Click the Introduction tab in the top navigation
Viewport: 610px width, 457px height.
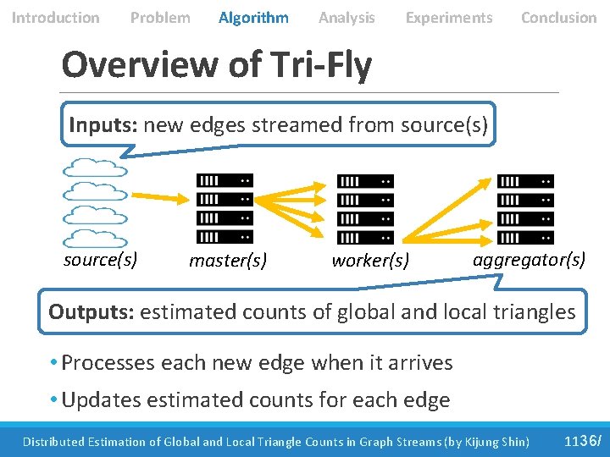coord(55,18)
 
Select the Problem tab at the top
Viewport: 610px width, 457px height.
coord(160,18)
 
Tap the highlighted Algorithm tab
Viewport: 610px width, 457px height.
coord(253,18)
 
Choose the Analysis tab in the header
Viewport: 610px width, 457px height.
coord(347,18)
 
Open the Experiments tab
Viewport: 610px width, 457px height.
coord(448,18)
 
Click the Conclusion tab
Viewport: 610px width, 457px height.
coord(558,18)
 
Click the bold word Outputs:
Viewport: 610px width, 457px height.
coord(91,311)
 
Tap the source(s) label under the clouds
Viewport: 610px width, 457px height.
coord(101,259)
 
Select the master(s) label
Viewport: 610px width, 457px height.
coord(228,261)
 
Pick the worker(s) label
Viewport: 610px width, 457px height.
coord(370,261)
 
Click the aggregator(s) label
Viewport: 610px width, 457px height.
coord(529,259)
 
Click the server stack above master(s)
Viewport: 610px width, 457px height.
coord(225,209)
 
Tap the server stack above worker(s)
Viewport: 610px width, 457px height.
coord(365,209)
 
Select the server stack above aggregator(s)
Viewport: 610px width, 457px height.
coord(524,209)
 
